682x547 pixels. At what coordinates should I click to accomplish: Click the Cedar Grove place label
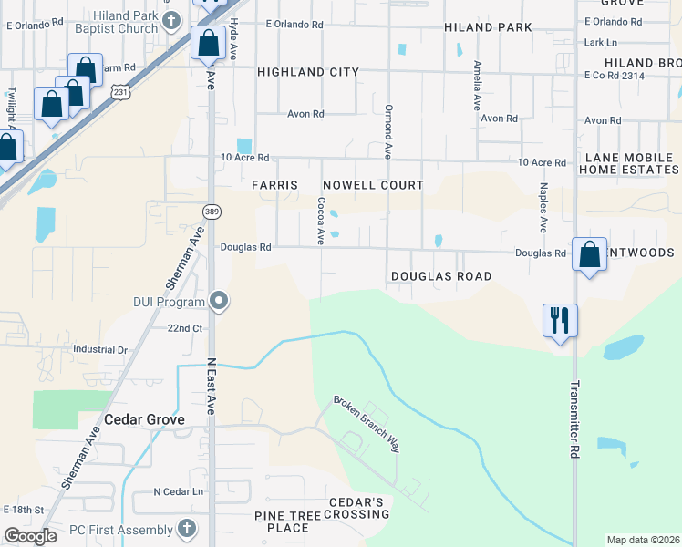point(144,419)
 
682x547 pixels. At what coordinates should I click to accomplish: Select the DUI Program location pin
point(219,300)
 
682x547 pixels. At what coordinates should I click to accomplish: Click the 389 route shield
point(210,212)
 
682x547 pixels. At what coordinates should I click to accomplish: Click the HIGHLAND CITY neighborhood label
point(308,71)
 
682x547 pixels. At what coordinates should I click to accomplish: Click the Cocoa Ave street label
point(321,222)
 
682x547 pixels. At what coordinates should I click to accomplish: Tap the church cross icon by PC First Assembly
point(186,529)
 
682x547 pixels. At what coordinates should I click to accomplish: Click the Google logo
point(30,536)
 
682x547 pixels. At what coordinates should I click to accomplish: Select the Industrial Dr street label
point(100,349)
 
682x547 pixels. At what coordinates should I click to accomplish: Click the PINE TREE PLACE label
point(281,521)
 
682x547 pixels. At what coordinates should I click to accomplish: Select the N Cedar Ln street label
point(177,492)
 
